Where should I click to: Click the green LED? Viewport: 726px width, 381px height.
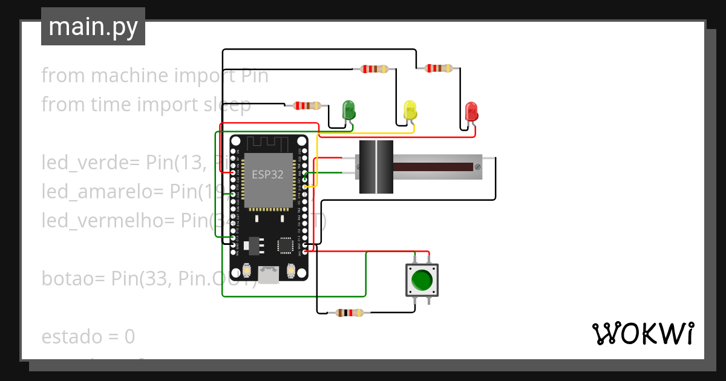(x=349, y=110)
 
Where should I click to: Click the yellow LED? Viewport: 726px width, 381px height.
(x=410, y=111)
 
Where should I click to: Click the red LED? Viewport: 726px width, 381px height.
(x=471, y=111)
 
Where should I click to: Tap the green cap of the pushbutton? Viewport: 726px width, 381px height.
(x=422, y=280)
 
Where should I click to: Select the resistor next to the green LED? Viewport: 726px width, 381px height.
(x=307, y=106)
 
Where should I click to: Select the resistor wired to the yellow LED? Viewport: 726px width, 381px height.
(x=374, y=69)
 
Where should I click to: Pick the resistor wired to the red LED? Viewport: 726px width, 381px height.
(x=439, y=68)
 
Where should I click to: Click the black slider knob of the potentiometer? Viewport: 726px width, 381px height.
(x=376, y=167)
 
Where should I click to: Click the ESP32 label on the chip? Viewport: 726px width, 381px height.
(x=267, y=174)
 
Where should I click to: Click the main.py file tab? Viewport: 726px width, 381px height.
(x=93, y=27)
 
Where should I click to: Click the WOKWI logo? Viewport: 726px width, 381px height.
(x=642, y=333)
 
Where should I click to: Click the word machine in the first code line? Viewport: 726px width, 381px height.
(x=130, y=76)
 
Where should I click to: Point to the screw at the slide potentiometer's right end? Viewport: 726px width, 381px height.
(x=478, y=166)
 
